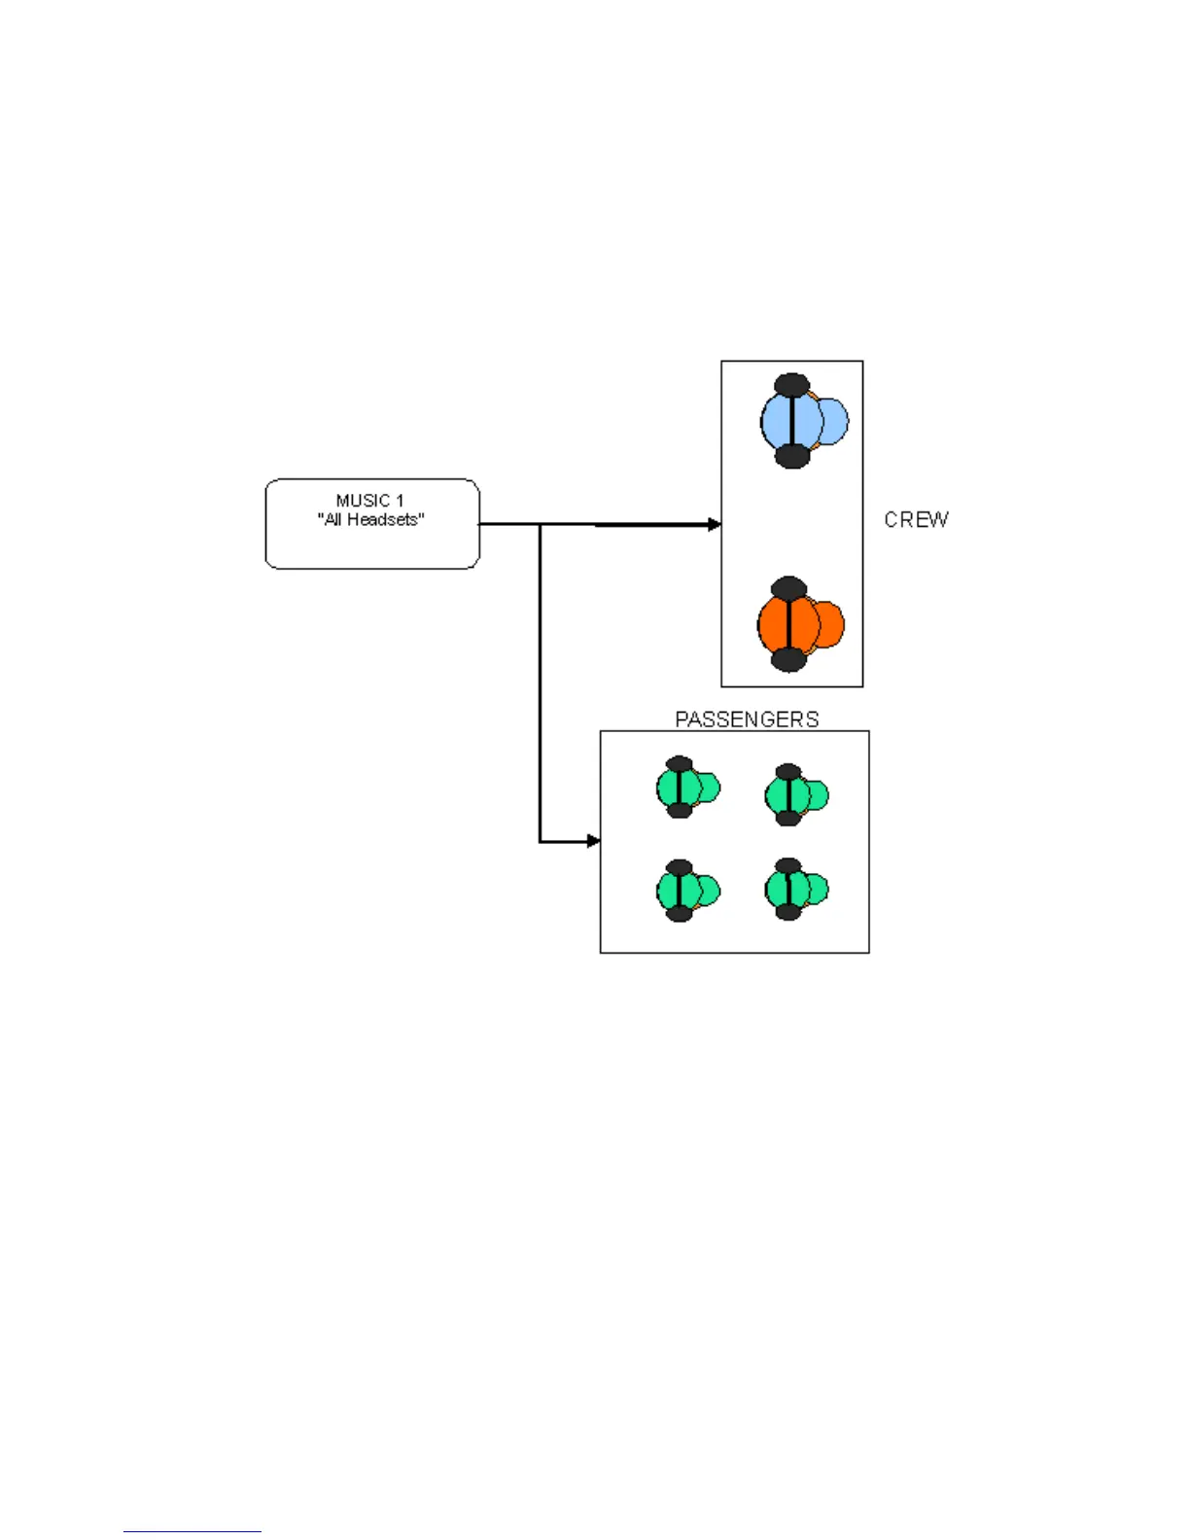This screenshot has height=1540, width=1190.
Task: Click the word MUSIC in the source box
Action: click(x=363, y=501)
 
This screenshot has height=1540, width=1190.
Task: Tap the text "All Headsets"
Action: click(x=371, y=520)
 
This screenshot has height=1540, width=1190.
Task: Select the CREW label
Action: click(x=916, y=520)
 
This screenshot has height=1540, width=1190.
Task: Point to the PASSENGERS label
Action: click(x=747, y=719)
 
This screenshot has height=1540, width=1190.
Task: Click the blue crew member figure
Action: click(x=802, y=421)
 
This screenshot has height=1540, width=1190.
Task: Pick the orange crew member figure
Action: click(x=799, y=624)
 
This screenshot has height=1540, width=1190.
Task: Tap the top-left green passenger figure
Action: click(x=686, y=787)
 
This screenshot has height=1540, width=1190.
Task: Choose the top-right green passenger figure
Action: click(x=795, y=795)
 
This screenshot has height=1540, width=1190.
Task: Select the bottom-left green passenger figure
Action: click(x=686, y=891)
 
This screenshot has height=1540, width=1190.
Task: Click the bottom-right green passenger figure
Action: click(x=795, y=890)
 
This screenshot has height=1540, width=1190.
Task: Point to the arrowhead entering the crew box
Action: click(x=715, y=524)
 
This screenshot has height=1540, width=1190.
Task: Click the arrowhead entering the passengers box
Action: click(x=594, y=841)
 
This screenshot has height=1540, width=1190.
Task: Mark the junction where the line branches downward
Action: click(x=541, y=525)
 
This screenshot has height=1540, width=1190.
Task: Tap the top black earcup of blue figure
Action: click(x=792, y=384)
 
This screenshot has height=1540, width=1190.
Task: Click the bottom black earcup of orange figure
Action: click(x=788, y=661)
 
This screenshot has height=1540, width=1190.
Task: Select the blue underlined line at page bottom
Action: click(x=192, y=1531)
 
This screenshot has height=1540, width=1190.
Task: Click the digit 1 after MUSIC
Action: click(x=399, y=501)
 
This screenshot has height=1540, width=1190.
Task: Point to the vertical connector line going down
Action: click(x=541, y=681)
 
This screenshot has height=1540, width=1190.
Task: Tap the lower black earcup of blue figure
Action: click(x=792, y=457)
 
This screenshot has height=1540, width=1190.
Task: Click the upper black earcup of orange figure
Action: click(x=788, y=587)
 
